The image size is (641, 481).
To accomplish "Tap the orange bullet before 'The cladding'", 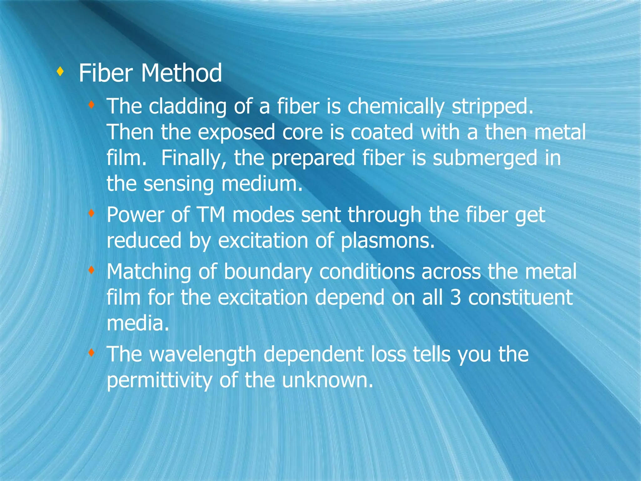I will click(x=91, y=105).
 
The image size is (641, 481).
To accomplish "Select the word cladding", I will click(x=187, y=106).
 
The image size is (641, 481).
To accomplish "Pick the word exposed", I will click(x=236, y=132).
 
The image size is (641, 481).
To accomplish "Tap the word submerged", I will click(x=485, y=158).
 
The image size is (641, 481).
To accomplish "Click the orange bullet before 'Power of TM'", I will click(x=91, y=214).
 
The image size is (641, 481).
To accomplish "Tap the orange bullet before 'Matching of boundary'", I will click(x=91, y=270).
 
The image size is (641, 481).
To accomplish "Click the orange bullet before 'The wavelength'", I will click(x=91, y=353).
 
